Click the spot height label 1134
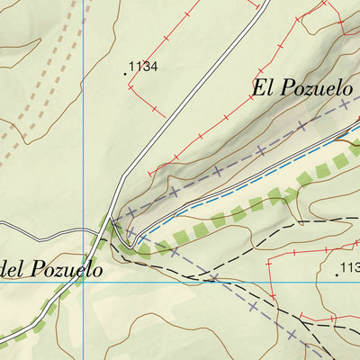144,66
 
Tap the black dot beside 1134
125,72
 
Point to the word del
17,267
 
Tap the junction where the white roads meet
111,220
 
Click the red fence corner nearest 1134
130,86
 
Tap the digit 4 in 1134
155,66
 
